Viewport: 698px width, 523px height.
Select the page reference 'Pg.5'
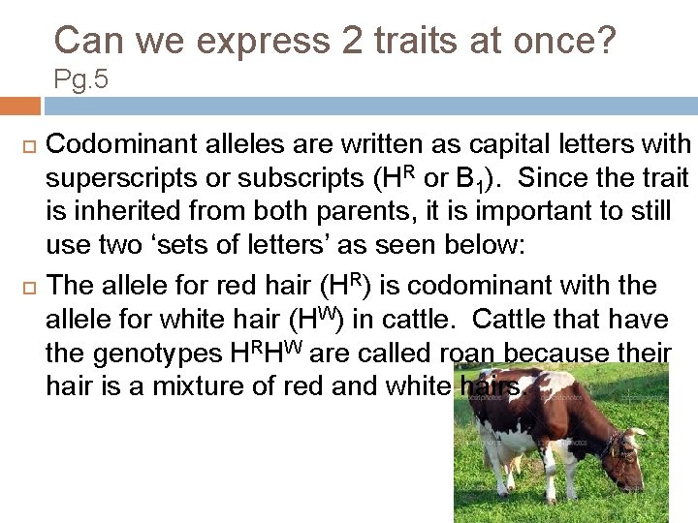click(80, 80)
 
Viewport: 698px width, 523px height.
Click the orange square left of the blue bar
click(19, 106)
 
